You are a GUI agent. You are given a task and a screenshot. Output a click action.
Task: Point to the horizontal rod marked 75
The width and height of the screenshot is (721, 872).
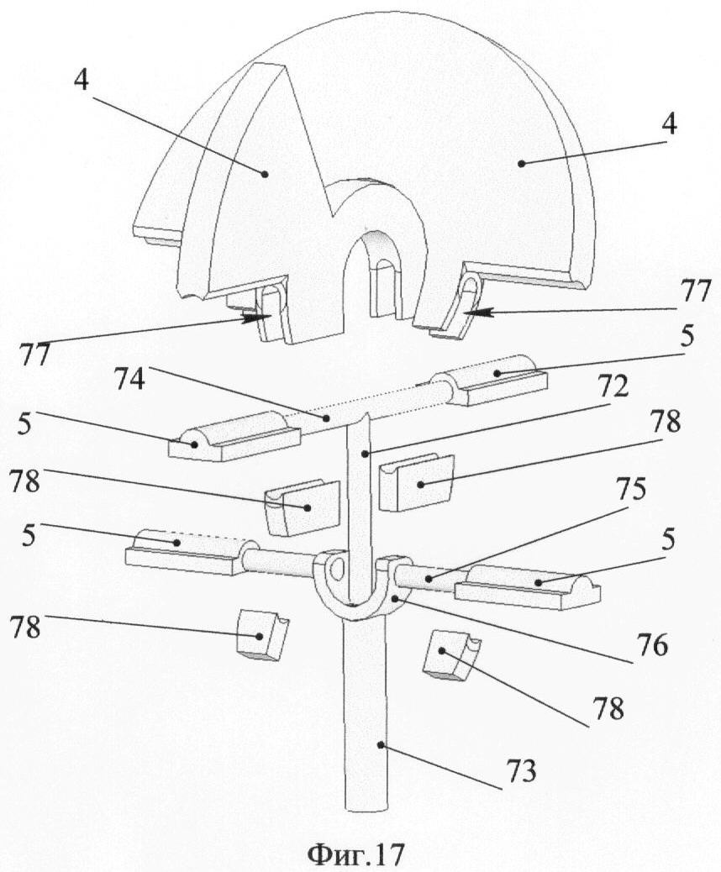(x=429, y=577)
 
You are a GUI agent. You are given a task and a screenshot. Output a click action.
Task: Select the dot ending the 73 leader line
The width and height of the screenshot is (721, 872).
(x=382, y=743)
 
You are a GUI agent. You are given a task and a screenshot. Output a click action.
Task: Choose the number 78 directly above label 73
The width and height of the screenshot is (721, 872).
(x=611, y=709)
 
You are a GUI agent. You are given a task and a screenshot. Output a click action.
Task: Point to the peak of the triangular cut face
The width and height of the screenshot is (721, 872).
(x=282, y=65)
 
